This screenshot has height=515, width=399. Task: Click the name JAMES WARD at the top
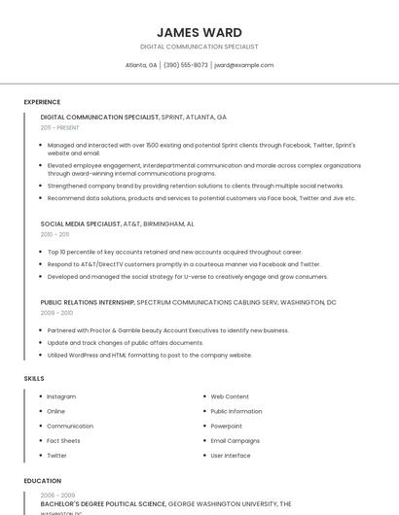(x=199, y=32)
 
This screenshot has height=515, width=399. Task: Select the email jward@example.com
(x=243, y=65)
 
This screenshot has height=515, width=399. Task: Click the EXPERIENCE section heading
(x=42, y=101)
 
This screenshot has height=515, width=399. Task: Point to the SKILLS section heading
(x=34, y=377)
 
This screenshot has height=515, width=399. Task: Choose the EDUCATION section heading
(x=43, y=480)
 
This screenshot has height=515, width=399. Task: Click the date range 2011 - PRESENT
(x=60, y=127)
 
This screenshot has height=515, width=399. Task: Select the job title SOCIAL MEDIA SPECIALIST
(x=81, y=223)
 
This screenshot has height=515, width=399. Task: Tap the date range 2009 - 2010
(x=56, y=313)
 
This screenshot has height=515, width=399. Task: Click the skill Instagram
(x=61, y=396)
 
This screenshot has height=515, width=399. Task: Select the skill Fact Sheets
(x=64, y=440)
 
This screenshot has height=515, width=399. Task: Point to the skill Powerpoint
(x=227, y=426)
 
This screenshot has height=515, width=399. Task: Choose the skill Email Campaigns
(x=236, y=440)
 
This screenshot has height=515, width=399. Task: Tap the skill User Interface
(x=231, y=455)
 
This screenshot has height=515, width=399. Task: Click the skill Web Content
(x=230, y=396)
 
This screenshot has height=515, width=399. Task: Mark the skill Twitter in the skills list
(x=57, y=455)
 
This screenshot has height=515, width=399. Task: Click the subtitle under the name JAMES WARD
(x=199, y=47)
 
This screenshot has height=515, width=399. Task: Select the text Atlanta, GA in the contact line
(x=141, y=65)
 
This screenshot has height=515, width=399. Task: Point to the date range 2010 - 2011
(x=55, y=234)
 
